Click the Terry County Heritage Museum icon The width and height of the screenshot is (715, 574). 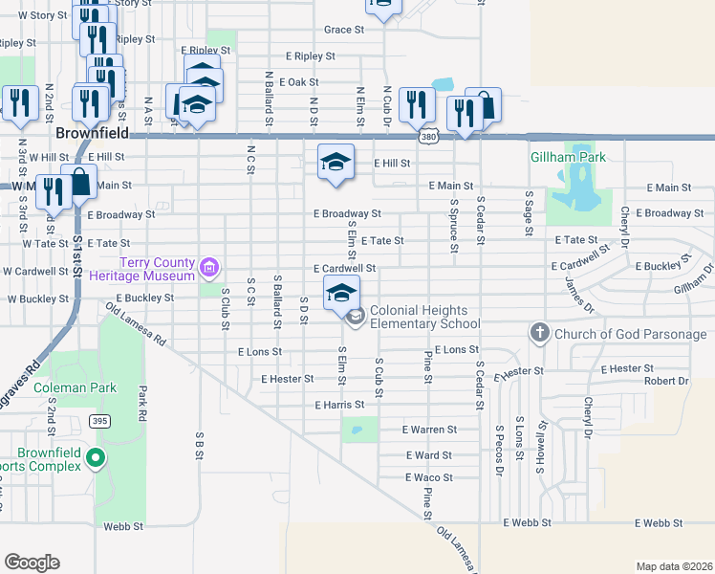[x=208, y=269]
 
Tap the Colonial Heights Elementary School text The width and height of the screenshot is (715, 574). [x=424, y=318]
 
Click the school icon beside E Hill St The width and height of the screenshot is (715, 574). [x=336, y=163]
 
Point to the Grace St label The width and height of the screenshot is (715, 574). [x=344, y=30]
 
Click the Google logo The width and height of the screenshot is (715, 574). [x=32, y=563]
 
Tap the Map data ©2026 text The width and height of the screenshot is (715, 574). [x=673, y=566]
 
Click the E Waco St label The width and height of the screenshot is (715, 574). [x=428, y=477]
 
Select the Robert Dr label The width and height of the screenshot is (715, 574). [x=665, y=381]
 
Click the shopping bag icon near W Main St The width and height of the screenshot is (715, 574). [x=79, y=182]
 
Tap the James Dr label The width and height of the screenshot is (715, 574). [x=579, y=295]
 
